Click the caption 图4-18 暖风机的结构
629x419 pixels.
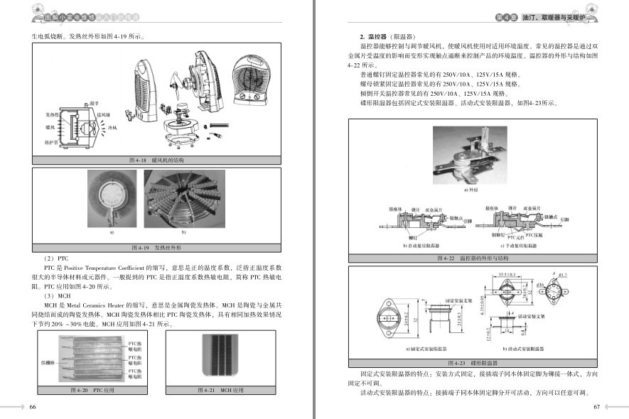(157, 160)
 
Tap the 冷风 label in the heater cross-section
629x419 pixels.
(112, 128)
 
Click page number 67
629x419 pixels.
(596, 407)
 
